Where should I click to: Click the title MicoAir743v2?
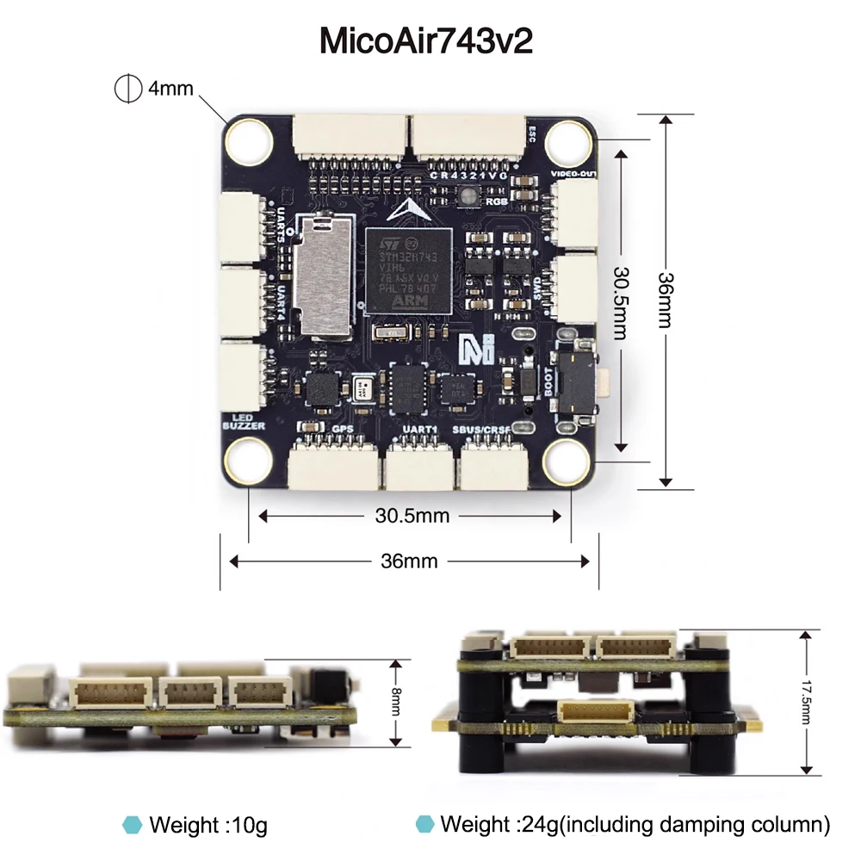(426, 41)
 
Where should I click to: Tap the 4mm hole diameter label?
(170, 89)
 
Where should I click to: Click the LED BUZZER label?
(244, 420)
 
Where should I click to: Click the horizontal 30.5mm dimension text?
(412, 516)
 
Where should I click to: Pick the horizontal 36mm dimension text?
(409, 561)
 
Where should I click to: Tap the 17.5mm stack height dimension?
(805, 702)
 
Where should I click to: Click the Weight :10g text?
(208, 825)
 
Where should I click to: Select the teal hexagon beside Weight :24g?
(424, 824)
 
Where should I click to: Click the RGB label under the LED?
(497, 201)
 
